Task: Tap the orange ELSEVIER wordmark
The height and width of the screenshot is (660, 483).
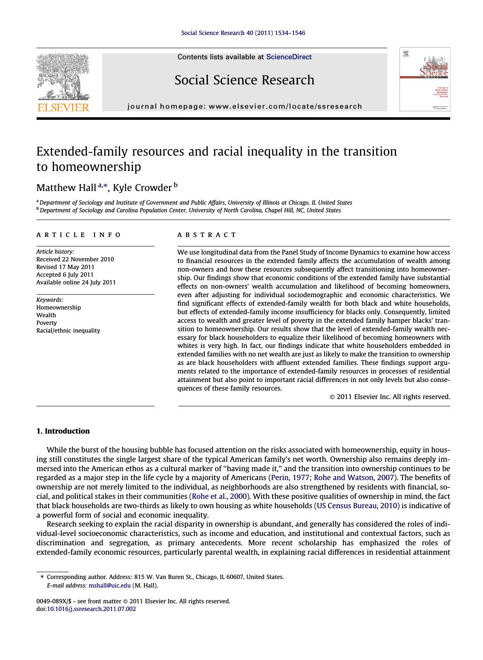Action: click(63, 107)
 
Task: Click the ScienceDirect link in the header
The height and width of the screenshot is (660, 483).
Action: click(288, 57)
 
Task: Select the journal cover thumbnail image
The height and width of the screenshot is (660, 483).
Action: click(424, 79)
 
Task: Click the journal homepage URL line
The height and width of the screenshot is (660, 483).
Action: click(244, 107)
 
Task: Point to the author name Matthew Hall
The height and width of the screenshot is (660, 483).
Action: click(66, 188)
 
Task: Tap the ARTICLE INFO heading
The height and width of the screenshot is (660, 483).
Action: click(79, 235)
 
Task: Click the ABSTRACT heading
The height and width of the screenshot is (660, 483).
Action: click(207, 235)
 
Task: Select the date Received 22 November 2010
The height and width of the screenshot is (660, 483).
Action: click(75, 259)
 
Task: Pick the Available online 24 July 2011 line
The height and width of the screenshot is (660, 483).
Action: click(76, 282)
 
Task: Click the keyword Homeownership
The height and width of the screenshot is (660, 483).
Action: click(58, 307)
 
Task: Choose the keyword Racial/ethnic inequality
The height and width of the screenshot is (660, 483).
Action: click(68, 330)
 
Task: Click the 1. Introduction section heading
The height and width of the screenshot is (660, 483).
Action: click(63, 431)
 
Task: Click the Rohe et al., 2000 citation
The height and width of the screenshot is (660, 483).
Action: click(219, 496)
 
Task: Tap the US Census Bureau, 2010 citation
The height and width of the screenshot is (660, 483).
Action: click(357, 506)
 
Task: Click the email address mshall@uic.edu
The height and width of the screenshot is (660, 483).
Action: click(109, 585)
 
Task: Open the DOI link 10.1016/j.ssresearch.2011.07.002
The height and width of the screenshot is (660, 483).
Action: click(91, 609)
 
